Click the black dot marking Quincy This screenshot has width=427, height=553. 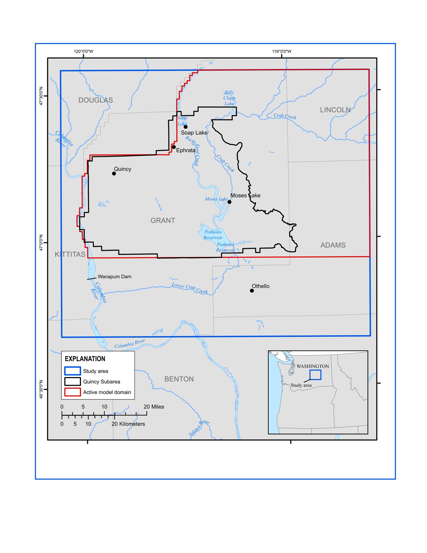tap(114, 173)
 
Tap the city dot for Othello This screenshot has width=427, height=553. tap(252, 290)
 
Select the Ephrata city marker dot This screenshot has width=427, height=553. tap(174, 147)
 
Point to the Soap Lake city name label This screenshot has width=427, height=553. tap(194, 132)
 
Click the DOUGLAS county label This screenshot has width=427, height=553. tap(96, 100)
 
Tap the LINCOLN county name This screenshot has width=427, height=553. tap(335, 110)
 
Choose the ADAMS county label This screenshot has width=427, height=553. tap(333, 245)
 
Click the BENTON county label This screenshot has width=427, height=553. tap(179, 379)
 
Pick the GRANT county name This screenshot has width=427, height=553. tap(163, 220)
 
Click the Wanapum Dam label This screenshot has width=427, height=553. tap(114, 276)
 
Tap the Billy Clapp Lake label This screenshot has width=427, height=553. tap(229, 98)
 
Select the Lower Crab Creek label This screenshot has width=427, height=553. tap(190, 288)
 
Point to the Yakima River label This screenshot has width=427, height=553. tap(199, 428)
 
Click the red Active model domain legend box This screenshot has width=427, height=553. tap(73, 392)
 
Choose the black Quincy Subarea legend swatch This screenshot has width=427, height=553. tap(73, 382)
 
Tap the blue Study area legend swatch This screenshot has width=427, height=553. tap(73, 371)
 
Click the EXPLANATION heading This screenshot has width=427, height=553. tap(85, 359)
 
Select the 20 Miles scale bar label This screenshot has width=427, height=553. tap(154, 407)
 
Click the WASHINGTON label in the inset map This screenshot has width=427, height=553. tap(313, 366)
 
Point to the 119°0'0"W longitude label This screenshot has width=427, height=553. tap(282, 51)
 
